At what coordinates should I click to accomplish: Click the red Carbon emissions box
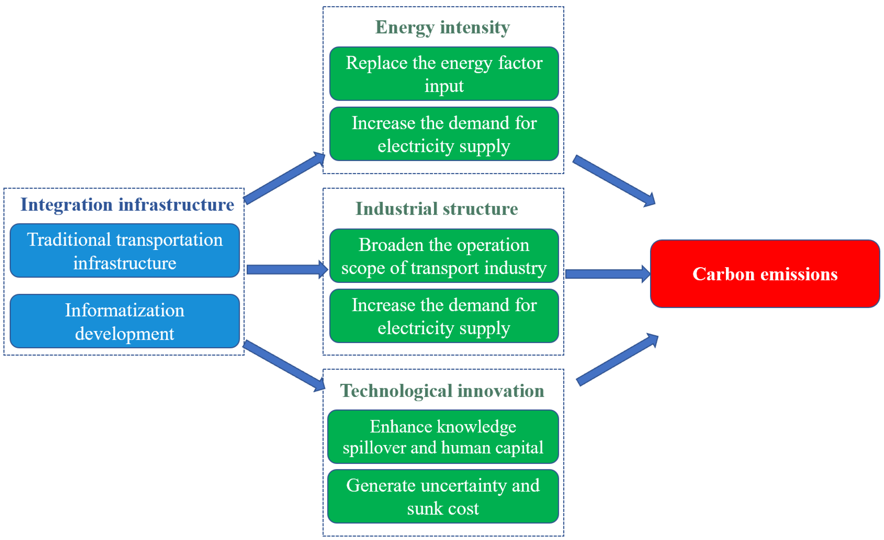click(765, 274)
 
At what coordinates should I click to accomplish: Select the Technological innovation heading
click(442, 391)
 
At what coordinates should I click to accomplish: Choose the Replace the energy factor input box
click(444, 74)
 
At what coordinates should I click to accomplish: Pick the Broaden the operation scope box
click(444, 256)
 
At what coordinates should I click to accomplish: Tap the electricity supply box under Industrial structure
click(444, 316)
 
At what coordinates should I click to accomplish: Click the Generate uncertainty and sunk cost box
click(443, 497)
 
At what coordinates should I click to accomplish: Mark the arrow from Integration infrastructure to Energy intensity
click(283, 178)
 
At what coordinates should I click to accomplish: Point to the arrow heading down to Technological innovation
click(283, 365)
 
